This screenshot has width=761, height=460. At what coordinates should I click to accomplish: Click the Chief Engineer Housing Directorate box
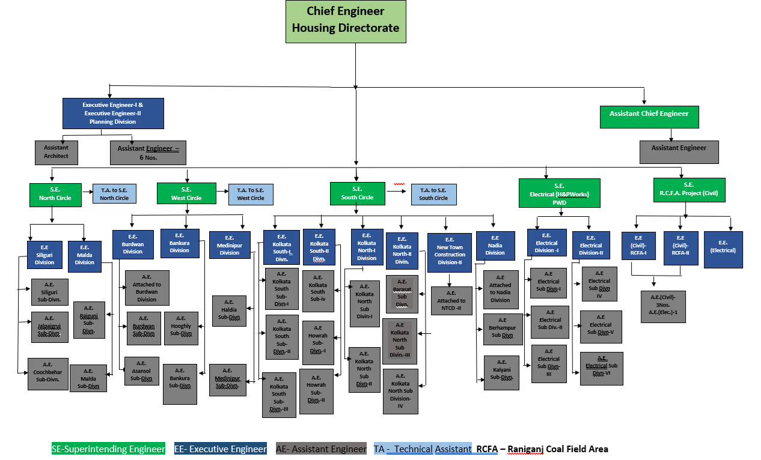coord(346,22)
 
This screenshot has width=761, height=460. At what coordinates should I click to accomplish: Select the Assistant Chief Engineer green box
coord(649,117)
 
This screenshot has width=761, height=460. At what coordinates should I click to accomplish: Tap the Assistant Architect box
coord(56,152)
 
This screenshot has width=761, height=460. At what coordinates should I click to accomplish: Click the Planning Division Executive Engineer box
coord(113,113)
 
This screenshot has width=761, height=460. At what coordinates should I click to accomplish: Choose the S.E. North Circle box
coord(55,195)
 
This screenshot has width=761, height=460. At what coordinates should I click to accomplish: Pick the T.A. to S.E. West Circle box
coord(251,195)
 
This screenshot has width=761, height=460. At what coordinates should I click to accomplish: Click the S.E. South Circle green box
coord(357,194)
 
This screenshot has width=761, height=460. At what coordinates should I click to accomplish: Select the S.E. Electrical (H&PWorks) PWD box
coord(560,193)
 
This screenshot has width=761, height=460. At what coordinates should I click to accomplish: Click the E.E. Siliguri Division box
coord(44,255)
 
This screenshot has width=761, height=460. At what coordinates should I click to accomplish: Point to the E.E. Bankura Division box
coord(180,243)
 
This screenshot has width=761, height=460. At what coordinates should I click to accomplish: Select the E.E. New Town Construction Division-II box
coord(450,253)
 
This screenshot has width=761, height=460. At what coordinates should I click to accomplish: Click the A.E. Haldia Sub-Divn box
coord(229,310)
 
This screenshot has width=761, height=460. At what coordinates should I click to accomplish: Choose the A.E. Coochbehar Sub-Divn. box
coord(48,374)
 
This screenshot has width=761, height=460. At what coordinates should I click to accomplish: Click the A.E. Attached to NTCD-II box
coord(451,300)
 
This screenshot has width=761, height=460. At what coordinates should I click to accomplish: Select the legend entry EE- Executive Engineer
coord(221,449)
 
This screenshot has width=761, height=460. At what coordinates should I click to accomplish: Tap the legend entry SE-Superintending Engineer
coord(108,449)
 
